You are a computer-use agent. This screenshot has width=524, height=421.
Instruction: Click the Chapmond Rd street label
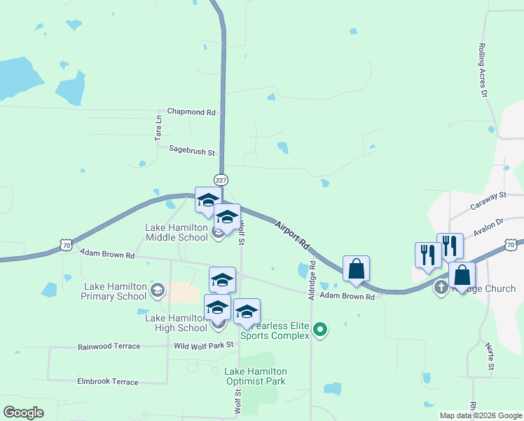[x=191, y=112]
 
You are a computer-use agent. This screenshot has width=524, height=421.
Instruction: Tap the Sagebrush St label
[x=192, y=149]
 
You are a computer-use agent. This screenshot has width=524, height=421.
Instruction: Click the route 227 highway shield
[x=221, y=180]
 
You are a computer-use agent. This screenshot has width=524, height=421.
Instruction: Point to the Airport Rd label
[x=292, y=236]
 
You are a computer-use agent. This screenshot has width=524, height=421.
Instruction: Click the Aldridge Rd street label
[x=312, y=281]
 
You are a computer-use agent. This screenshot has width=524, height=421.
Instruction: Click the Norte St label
[x=490, y=356]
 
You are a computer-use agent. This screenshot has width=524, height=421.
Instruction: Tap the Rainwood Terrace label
[x=109, y=347]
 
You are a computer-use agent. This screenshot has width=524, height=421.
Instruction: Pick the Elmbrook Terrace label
[x=107, y=382]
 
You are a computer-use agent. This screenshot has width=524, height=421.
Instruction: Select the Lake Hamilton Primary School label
[x=115, y=291]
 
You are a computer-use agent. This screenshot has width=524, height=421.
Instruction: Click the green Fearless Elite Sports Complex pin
[x=320, y=328]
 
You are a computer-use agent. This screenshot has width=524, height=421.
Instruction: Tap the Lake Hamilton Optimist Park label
[x=255, y=376]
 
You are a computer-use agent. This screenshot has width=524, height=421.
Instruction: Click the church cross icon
[x=441, y=286]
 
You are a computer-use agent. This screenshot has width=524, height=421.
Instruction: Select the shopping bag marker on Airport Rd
[x=356, y=269]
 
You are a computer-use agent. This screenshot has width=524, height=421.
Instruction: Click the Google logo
[x=23, y=413]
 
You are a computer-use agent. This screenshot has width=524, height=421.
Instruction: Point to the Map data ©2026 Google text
[x=480, y=415]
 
